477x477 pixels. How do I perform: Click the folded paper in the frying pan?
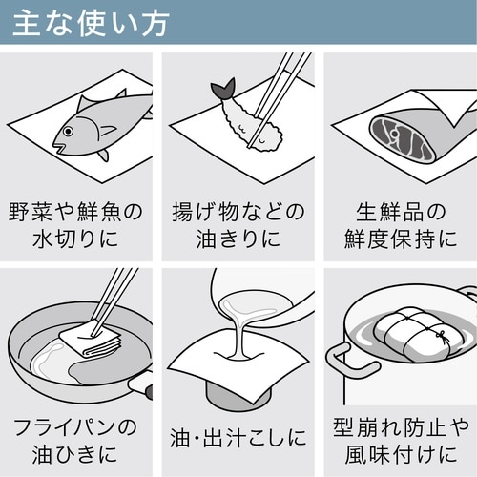[93, 338]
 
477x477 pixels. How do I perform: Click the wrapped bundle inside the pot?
[418, 333]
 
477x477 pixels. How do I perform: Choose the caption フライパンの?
[75, 425]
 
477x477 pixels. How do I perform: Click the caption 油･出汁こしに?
[238, 439]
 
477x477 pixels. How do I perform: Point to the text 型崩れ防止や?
[399, 425]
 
